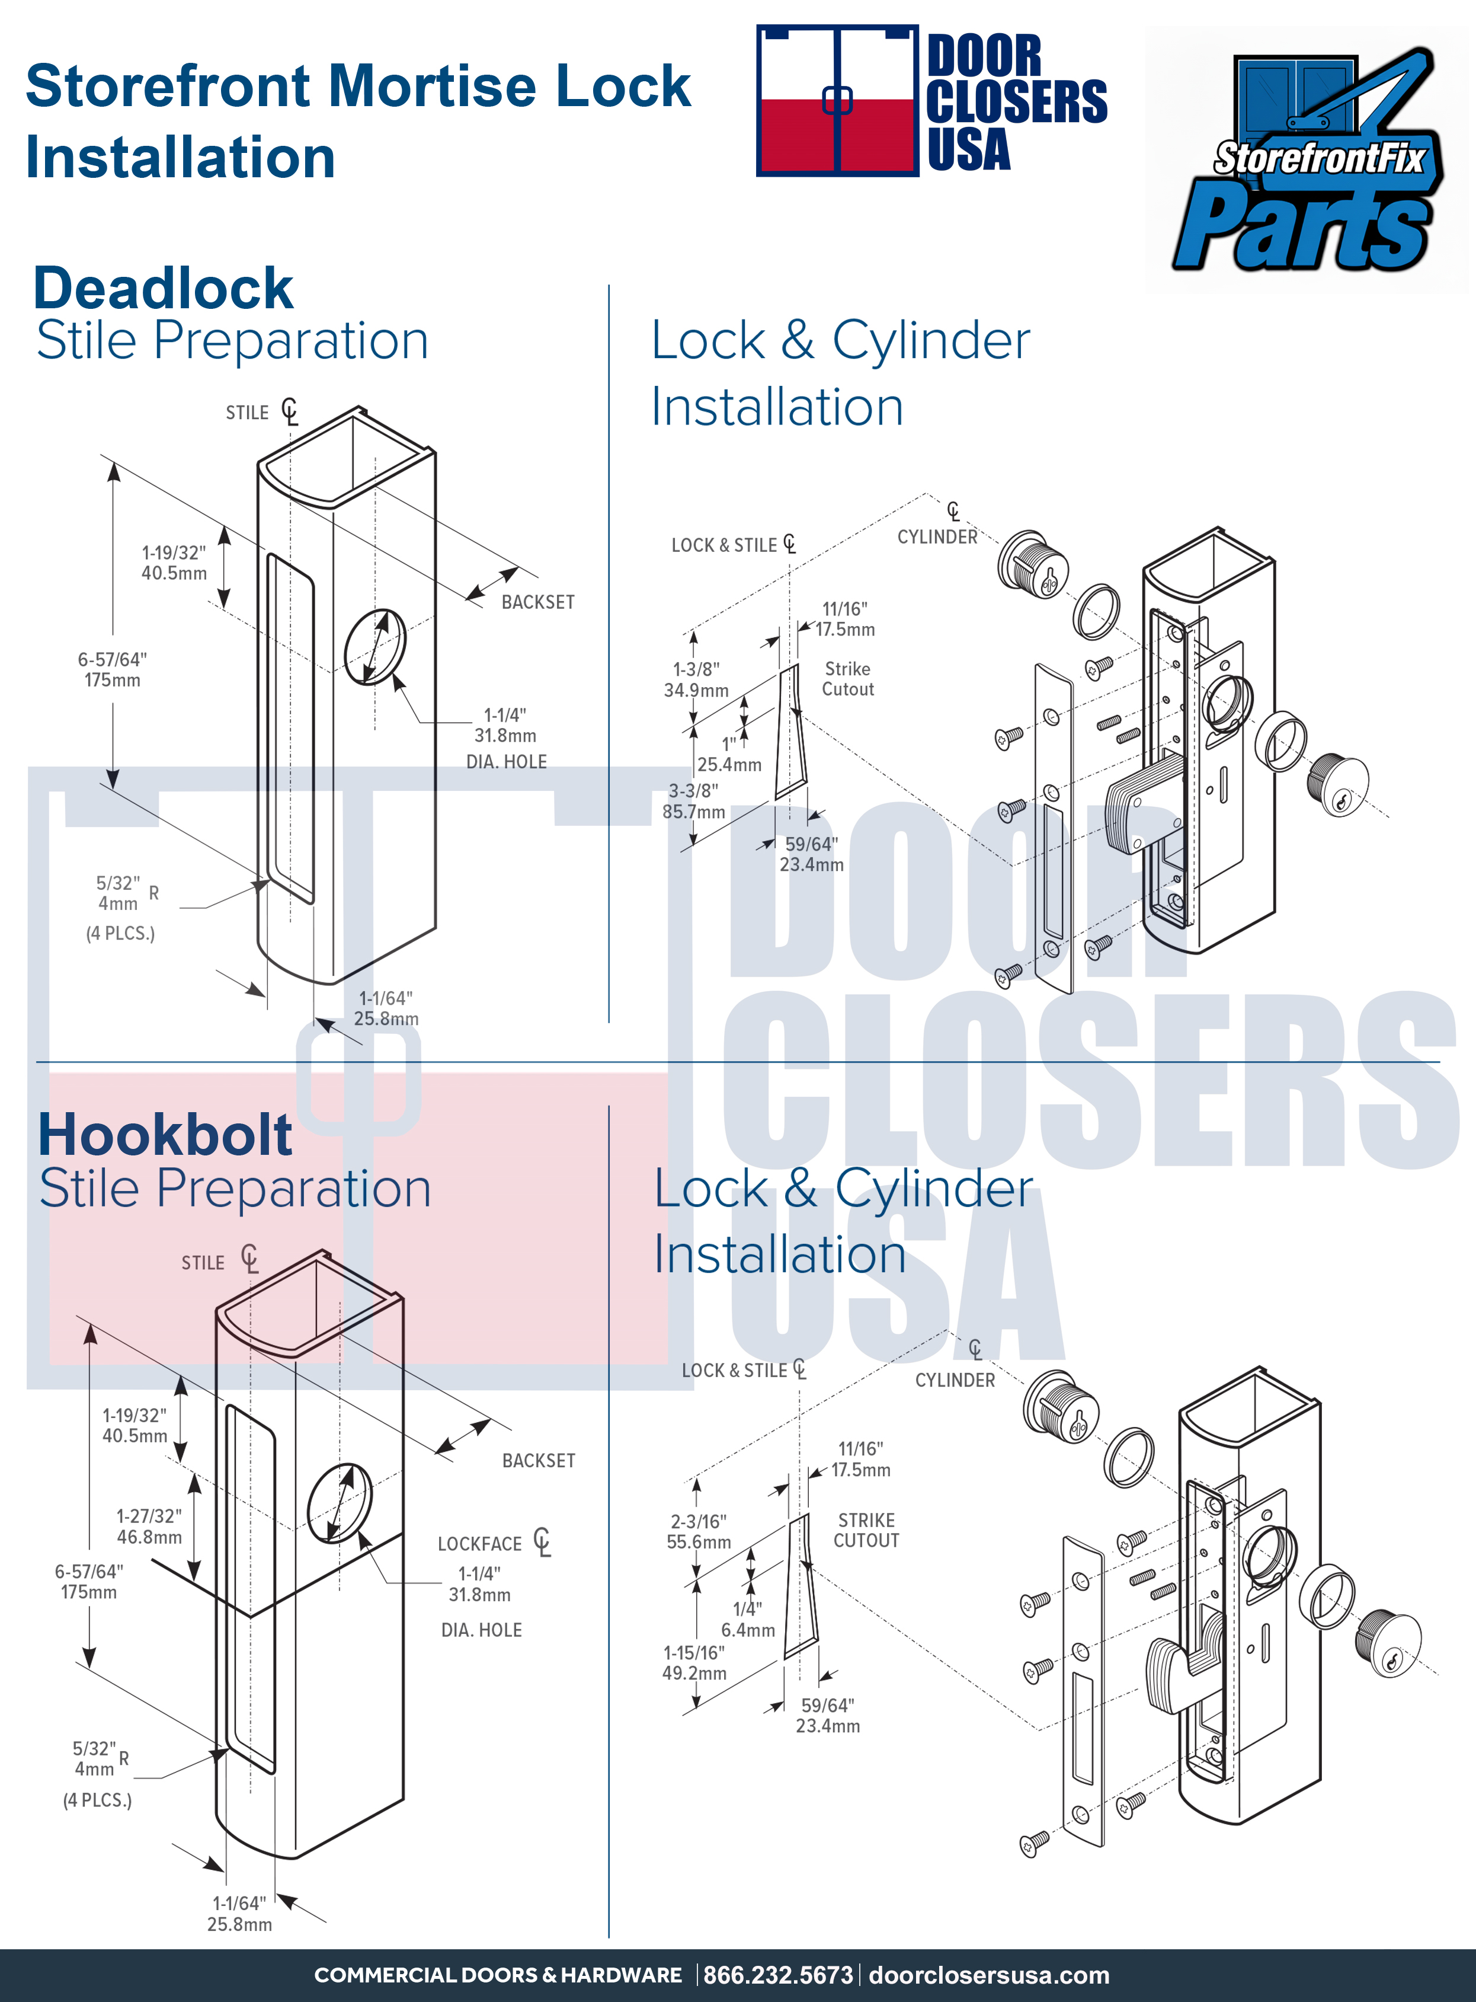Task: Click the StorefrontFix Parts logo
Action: click(1307, 158)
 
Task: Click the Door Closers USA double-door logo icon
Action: click(837, 100)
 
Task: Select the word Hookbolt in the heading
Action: click(165, 1135)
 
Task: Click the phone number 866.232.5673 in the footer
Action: click(777, 1975)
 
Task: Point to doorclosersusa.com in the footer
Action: click(989, 1975)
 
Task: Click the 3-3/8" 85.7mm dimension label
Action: click(693, 801)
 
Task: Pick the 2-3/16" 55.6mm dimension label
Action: click(699, 1531)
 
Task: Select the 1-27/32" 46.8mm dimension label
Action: click(149, 1525)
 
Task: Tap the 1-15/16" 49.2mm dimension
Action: click(694, 1662)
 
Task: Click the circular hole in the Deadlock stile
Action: click(375, 645)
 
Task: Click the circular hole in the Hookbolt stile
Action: click(340, 1502)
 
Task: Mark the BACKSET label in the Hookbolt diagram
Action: click(539, 1460)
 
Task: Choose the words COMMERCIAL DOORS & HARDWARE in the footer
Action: click(498, 1975)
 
